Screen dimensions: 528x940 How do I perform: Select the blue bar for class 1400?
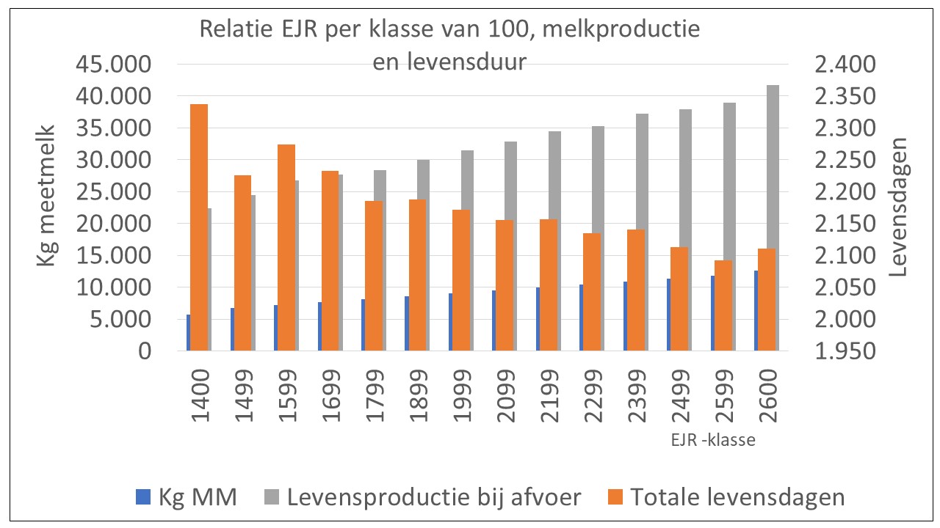click(x=188, y=333)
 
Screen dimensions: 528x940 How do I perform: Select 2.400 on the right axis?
click(x=845, y=65)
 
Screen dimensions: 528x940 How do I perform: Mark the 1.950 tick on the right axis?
click(x=845, y=351)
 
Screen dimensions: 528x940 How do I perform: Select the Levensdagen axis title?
click(x=900, y=207)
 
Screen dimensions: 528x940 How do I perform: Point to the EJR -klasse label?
click(x=712, y=441)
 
